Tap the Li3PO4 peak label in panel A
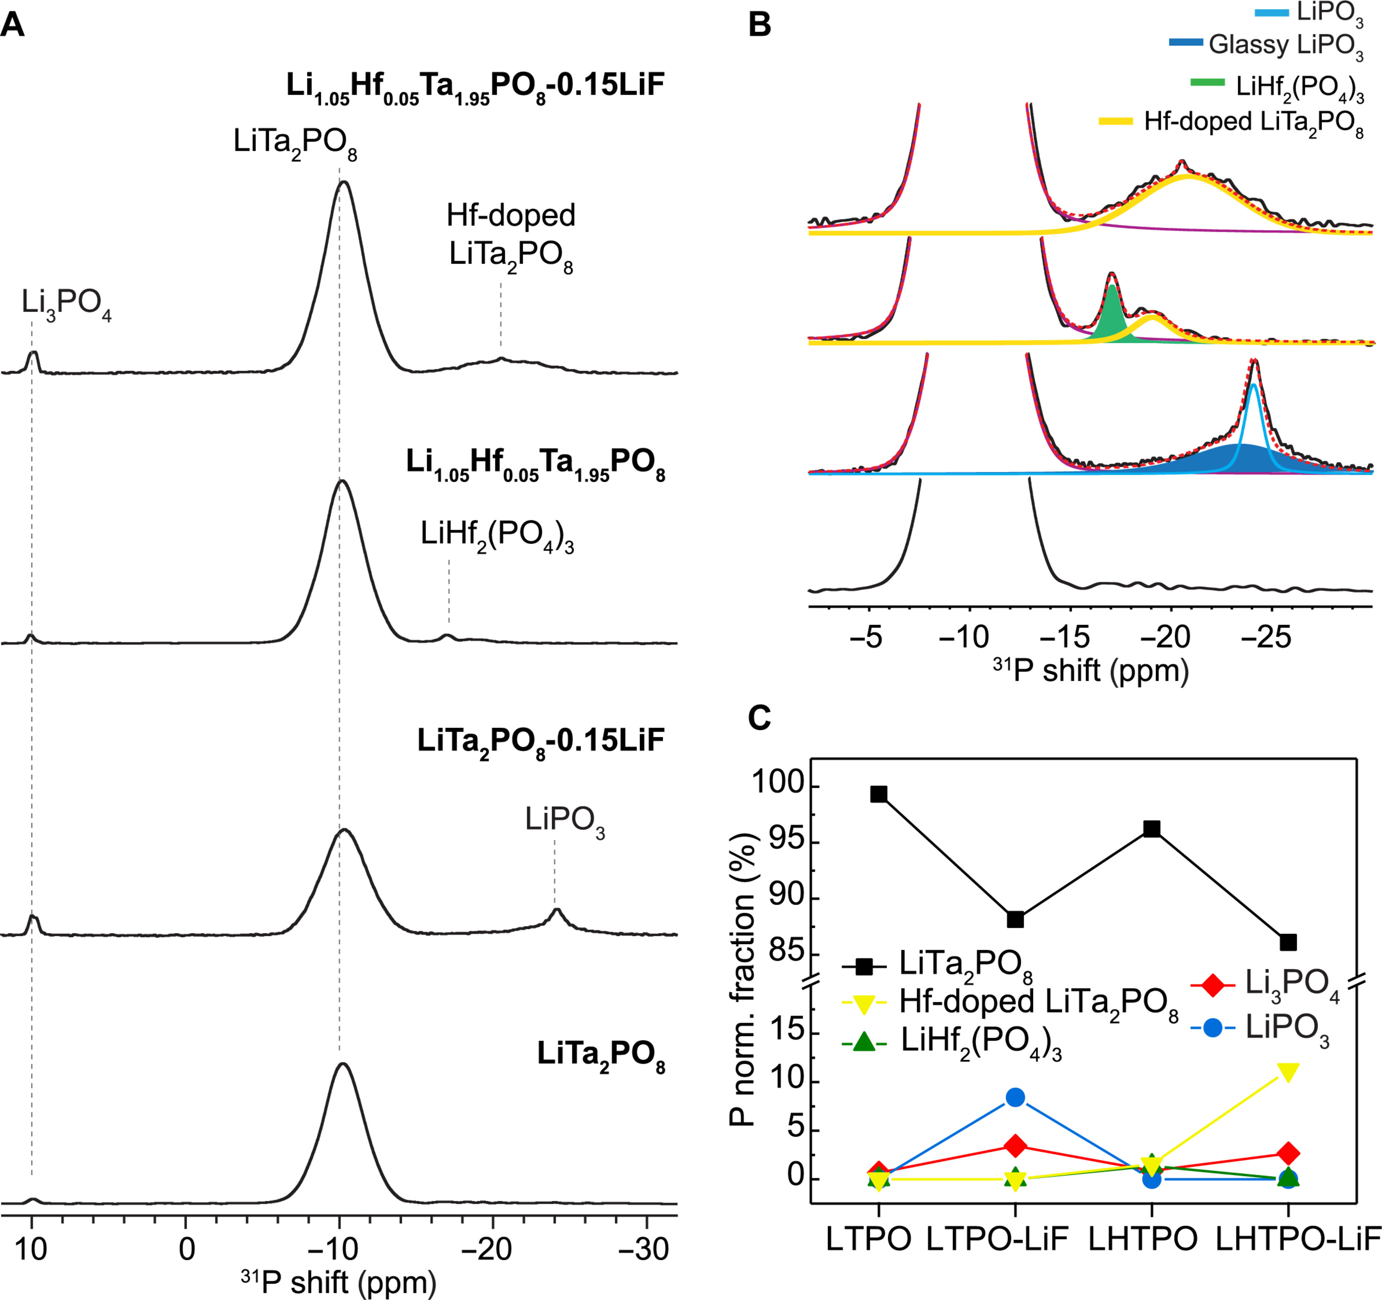[66, 304]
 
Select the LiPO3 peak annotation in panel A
[565, 821]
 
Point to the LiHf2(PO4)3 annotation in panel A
[497, 536]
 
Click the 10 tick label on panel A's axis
[31, 1249]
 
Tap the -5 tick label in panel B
[865, 636]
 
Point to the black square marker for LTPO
[879, 794]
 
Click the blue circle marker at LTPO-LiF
[1015, 1097]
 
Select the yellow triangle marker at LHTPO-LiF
[1287, 1072]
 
